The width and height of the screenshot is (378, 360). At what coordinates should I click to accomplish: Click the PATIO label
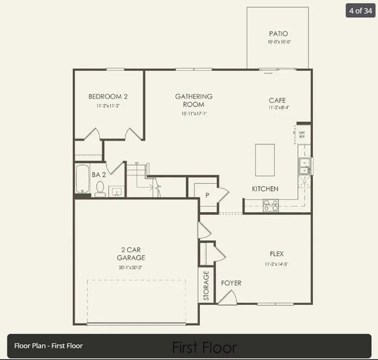pyautogui.click(x=278, y=34)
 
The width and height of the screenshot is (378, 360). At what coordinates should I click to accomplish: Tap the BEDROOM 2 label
pyautogui.click(x=108, y=97)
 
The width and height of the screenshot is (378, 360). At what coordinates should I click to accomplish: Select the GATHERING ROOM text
pyautogui.click(x=194, y=100)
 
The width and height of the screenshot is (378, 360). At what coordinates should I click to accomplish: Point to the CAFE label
pyautogui.click(x=277, y=100)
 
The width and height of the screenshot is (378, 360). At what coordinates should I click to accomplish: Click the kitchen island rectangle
pyautogui.click(x=265, y=160)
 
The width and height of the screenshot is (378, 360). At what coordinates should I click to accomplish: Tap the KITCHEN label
pyautogui.click(x=265, y=189)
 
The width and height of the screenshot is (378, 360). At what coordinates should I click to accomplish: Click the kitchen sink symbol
pyautogui.click(x=304, y=165)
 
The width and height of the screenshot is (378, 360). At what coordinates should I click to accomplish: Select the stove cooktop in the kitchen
pyautogui.click(x=270, y=206)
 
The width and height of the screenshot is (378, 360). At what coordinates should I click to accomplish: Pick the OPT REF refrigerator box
pyautogui.click(x=303, y=134)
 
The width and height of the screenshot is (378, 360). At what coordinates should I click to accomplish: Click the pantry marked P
pyautogui.click(x=207, y=195)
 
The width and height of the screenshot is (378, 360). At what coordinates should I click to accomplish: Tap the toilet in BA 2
pyautogui.click(x=100, y=190)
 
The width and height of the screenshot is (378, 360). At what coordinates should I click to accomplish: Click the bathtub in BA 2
pyautogui.click(x=82, y=179)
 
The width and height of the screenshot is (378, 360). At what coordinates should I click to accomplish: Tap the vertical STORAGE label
pyautogui.click(x=206, y=285)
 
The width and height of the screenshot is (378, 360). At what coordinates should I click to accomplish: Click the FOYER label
pyautogui.click(x=231, y=283)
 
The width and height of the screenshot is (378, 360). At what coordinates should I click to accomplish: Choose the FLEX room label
pyautogui.click(x=277, y=253)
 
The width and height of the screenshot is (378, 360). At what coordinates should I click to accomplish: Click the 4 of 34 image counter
pyautogui.click(x=360, y=10)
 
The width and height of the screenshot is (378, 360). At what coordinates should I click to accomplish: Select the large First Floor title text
pyautogui.click(x=204, y=348)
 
